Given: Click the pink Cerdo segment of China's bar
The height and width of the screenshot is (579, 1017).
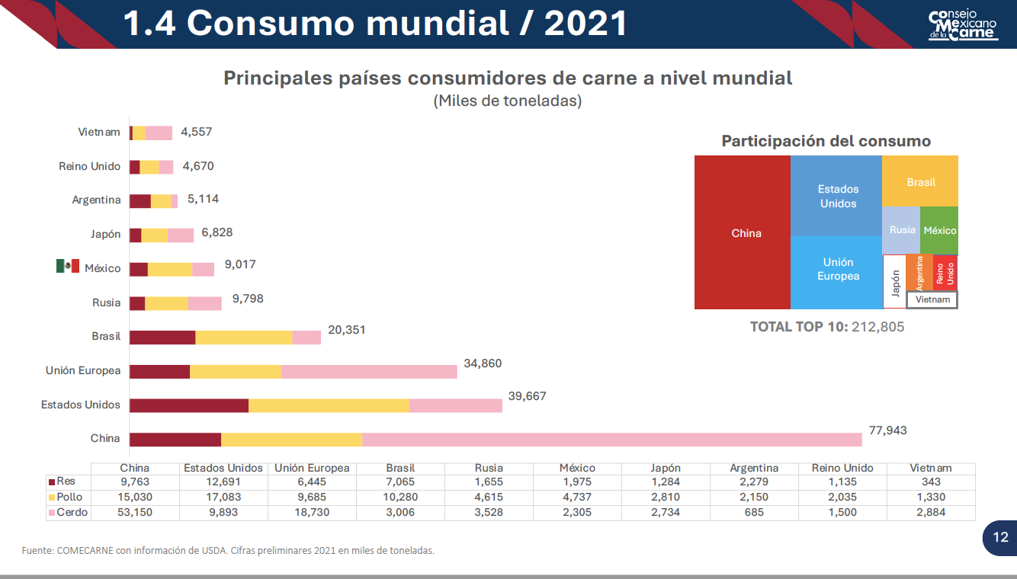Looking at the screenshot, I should (610, 440).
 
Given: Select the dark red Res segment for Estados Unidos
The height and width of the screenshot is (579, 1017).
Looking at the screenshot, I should (188, 405).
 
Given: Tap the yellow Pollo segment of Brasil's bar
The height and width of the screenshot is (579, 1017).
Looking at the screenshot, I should (244, 337).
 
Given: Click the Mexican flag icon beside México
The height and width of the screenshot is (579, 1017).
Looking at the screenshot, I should (68, 266).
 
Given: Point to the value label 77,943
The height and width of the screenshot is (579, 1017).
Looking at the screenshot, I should (887, 430).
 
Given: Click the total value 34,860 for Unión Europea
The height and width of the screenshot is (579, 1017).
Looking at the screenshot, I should (483, 363).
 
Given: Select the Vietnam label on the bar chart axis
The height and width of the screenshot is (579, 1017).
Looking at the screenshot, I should (99, 133).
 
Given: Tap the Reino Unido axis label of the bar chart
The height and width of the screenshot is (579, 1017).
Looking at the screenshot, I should (89, 166).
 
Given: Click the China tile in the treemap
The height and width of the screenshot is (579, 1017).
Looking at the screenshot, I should (746, 233).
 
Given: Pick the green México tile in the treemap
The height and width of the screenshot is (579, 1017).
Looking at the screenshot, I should (939, 230).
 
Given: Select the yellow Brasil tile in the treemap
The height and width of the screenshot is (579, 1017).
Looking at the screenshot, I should (921, 182).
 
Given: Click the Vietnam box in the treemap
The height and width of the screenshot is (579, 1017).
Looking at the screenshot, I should (932, 300).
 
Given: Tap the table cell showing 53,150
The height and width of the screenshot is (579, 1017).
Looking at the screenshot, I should (135, 513).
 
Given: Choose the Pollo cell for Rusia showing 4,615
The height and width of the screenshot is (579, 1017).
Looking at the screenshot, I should (489, 497).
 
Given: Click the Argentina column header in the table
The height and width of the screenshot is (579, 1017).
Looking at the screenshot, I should (754, 469).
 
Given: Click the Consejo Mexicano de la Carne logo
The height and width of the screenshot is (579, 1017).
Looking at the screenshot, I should (963, 25).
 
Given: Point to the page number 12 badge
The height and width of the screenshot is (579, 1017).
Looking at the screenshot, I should (999, 538).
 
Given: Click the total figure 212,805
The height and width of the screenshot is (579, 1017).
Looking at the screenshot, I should (877, 327).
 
